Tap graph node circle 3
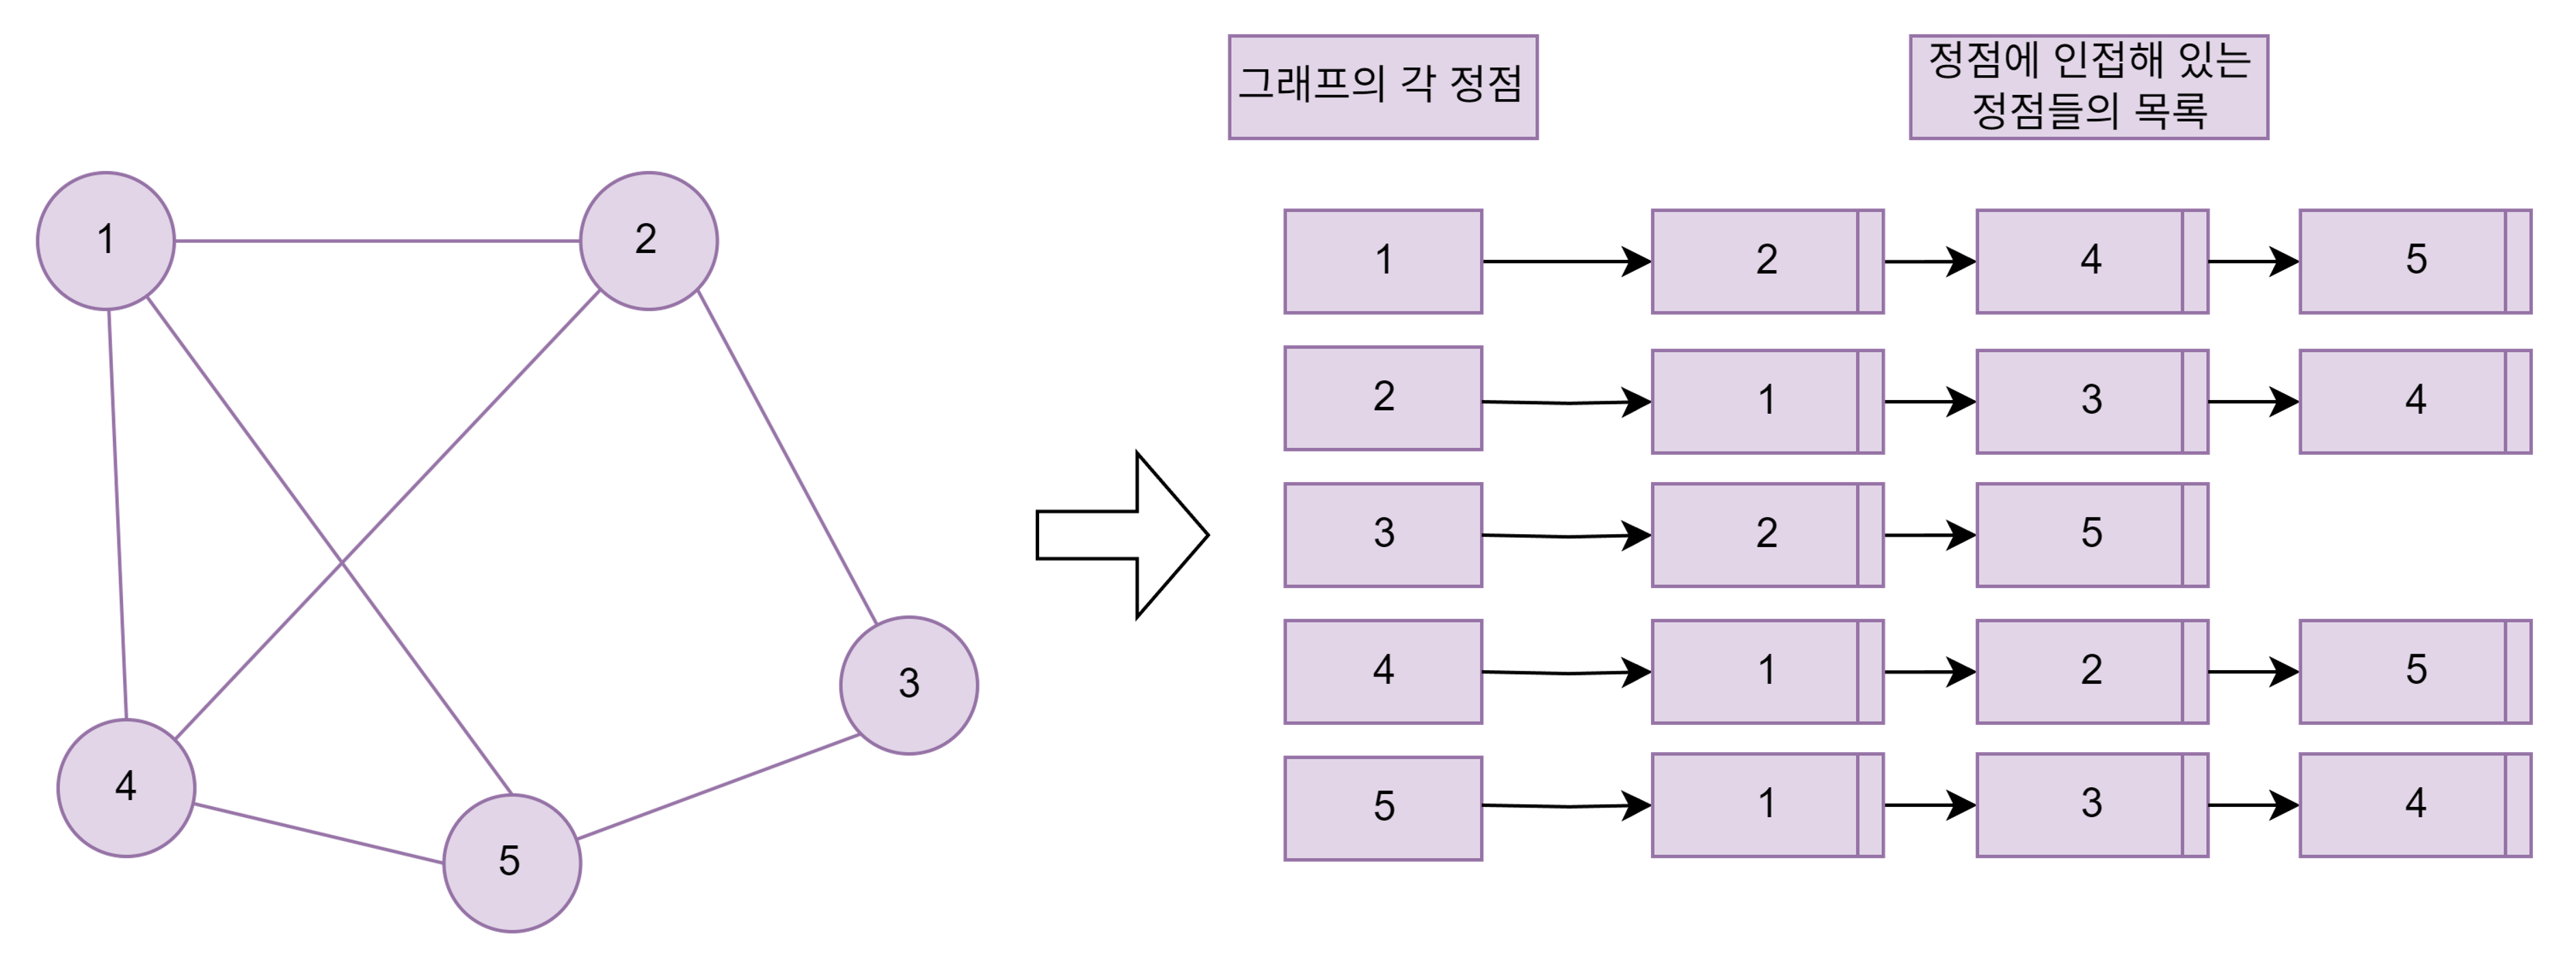click(909, 686)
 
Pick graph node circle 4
click(126, 788)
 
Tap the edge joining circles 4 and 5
click(319, 834)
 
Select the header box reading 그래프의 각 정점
click(1382, 87)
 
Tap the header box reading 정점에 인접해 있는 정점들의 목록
click(2088, 87)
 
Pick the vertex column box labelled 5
click(1382, 808)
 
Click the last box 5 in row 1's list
click(2415, 261)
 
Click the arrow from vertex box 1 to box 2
click(1565, 262)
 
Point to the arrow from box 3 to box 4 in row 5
click(2252, 806)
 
